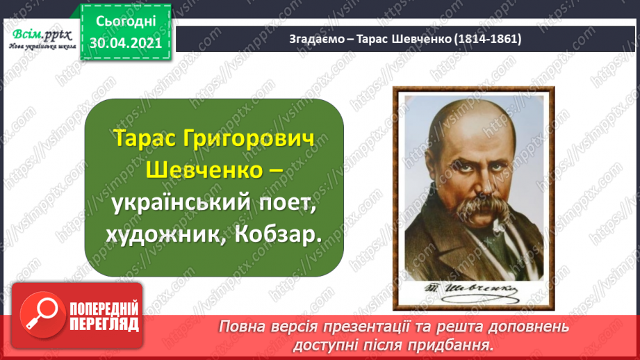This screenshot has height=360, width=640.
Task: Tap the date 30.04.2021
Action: pos(126,42)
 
